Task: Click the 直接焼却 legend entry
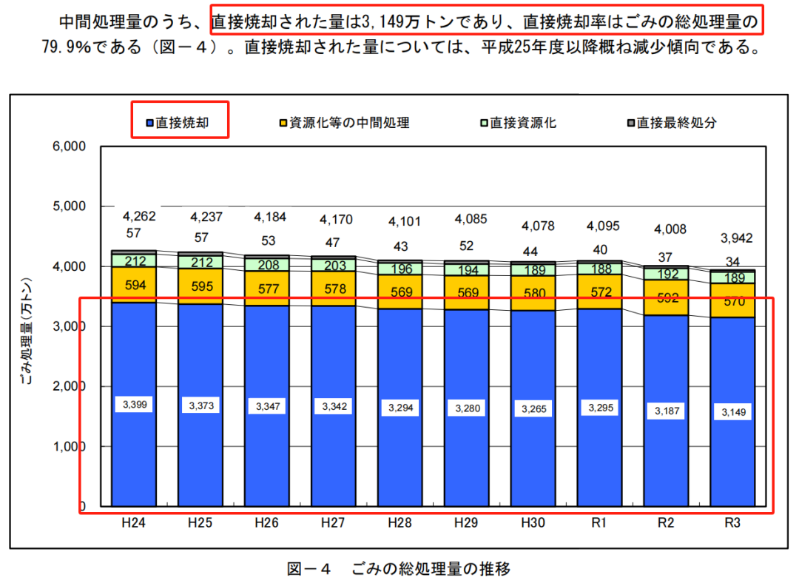[x=182, y=122]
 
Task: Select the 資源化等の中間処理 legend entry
[x=345, y=122]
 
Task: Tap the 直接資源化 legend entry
[x=518, y=122]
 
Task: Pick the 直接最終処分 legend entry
[x=672, y=122]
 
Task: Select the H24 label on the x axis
[x=133, y=523]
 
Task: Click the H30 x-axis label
[x=533, y=523]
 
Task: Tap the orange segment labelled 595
[x=200, y=286]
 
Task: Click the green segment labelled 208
[x=266, y=264]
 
